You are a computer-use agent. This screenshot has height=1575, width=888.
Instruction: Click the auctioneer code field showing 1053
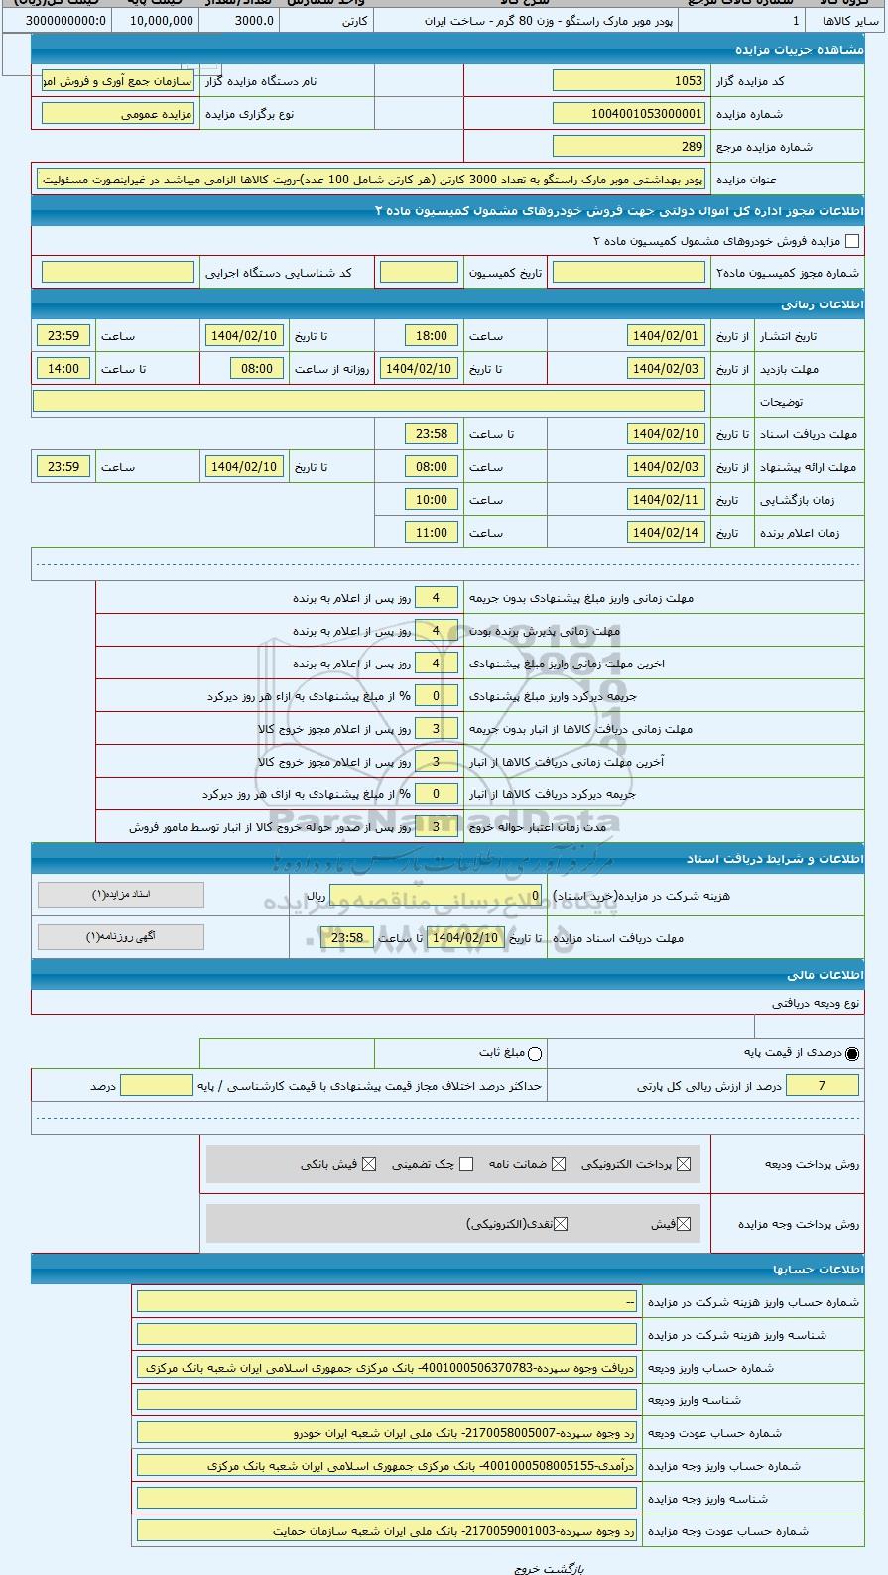click(x=628, y=81)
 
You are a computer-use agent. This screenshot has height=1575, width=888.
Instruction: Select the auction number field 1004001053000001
click(x=628, y=114)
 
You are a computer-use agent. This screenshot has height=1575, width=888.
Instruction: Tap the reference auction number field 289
click(x=628, y=147)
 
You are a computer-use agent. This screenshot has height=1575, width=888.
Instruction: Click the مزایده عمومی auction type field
click(x=118, y=114)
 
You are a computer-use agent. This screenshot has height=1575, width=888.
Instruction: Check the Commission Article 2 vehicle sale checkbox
click(x=851, y=241)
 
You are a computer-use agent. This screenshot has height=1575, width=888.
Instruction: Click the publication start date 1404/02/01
click(x=666, y=336)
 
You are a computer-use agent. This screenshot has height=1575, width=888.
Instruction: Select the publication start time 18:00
click(x=432, y=336)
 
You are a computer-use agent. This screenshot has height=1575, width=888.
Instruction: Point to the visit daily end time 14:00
click(x=63, y=369)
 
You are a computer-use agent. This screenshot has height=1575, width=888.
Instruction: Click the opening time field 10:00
click(x=432, y=500)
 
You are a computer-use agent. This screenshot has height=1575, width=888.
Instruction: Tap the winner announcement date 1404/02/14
click(x=666, y=533)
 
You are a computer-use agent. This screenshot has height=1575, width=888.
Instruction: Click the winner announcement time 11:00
click(x=432, y=533)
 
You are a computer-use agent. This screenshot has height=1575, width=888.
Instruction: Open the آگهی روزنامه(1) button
click(x=121, y=937)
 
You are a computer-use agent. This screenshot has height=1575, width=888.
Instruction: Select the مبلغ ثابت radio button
click(x=535, y=1054)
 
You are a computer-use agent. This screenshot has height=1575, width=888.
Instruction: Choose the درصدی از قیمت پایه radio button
click(x=852, y=1054)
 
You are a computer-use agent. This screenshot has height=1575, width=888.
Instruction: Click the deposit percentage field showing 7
click(x=822, y=1086)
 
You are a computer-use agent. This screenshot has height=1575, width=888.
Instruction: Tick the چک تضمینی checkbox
click(x=466, y=1165)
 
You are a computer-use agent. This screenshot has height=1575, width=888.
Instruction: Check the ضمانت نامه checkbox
click(x=559, y=1165)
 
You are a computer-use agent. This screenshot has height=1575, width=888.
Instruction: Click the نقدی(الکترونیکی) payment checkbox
click(x=561, y=1225)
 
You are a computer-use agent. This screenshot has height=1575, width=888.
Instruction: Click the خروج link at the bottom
click(x=526, y=1568)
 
